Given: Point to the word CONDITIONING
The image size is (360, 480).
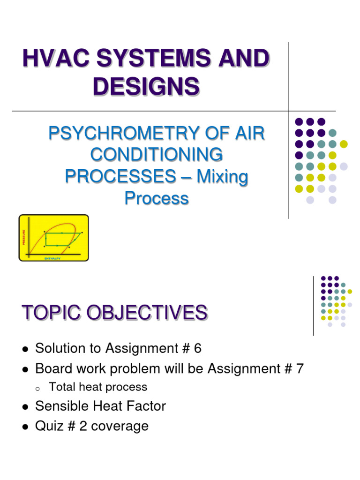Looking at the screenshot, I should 156,155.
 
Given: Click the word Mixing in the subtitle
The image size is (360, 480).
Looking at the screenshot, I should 222,177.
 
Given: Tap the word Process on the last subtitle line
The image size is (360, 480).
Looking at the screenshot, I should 156,198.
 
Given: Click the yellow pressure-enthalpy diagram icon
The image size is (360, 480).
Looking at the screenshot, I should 53,238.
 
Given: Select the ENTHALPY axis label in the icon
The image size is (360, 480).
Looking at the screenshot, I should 52,258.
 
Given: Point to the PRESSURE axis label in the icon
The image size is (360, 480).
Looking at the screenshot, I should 23,237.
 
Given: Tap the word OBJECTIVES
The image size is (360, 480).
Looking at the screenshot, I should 150,313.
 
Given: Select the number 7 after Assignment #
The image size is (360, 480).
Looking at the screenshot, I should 300,369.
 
